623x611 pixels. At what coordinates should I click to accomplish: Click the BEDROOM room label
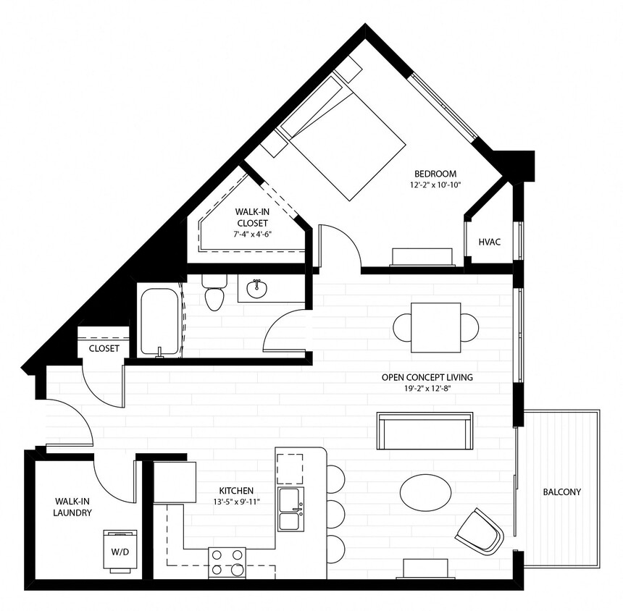(x=435, y=174)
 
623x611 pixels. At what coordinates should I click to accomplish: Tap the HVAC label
(x=490, y=242)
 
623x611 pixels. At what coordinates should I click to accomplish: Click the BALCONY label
(x=561, y=492)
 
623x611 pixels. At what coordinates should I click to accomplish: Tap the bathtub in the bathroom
(x=159, y=322)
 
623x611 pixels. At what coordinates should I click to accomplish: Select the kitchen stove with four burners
(x=227, y=562)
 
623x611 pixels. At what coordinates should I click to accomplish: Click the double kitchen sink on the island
(x=291, y=510)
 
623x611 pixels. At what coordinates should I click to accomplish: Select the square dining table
(x=435, y=326)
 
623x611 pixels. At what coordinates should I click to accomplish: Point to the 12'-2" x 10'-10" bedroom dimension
(x=435, y=185)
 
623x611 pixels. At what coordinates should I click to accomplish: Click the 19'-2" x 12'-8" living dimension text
(x=427, y=388)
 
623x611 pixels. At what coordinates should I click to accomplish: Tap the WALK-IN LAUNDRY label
(x=72, y=507)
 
